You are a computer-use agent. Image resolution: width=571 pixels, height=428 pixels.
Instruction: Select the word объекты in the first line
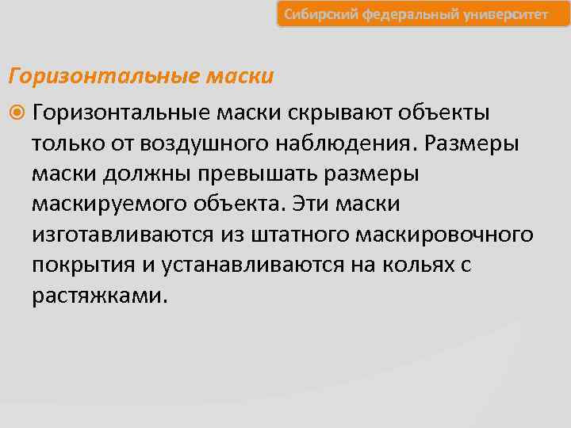click(444, 113)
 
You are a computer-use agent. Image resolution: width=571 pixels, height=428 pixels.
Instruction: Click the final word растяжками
click(100, 295)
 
